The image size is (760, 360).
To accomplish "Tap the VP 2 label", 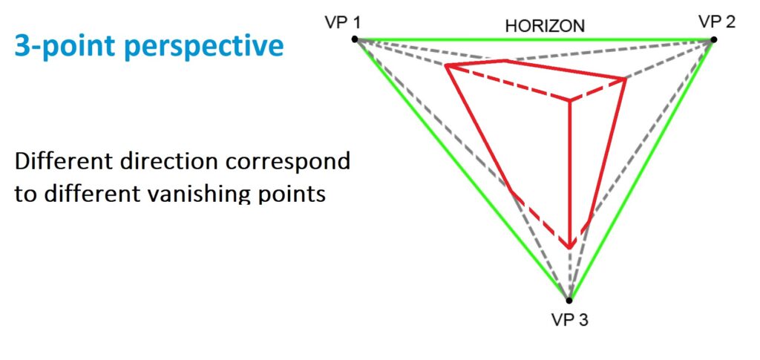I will [716, 21].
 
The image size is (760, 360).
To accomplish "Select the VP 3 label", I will [569, 320].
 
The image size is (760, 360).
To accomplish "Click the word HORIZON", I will [545, 26].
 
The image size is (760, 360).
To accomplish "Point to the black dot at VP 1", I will [356, 39].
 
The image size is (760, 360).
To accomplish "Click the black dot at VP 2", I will [713, 39].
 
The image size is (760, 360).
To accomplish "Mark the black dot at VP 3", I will [569, 300].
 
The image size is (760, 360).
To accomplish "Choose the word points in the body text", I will [295, 194].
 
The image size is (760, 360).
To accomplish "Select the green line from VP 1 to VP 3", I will [460, 167].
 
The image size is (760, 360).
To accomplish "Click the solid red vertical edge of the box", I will [569, 171].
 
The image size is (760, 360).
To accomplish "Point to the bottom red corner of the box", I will [569, 247].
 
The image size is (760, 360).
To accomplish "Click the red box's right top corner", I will [626, 79].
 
